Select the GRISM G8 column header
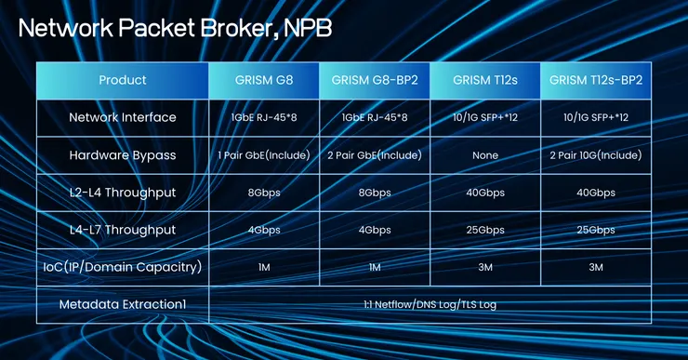pyautogui.click(x=264, y=80)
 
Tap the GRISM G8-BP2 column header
pyautogui.click(x=375, y=80)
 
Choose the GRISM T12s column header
pyautogui.click(x=484, y=80)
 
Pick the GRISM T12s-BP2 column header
pyautogui.click(x=596, y=80)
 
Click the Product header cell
pyautogui.click(x=123, y=80)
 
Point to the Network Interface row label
pyautogui.click(x=123, y=118)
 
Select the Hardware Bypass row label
pyautogui.click(x=123, y=155)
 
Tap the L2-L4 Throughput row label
pyautogui.click(x=123, y=193)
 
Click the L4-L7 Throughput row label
pyautogui.click(x=123, y=230)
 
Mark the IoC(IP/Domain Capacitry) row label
pyautogui.click(x=123, y=267)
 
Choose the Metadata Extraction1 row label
pyautogui.click(x=123, y=304)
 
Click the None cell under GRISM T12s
pyautogui.click(x=484, y=155)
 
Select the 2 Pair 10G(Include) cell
pyautogui.click(x=596, y=155)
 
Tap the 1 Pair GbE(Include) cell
pyautogui.click(x=264, y=155)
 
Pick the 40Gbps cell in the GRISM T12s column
pyautogui.click(x=484, y=193)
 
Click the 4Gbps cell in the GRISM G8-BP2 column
pyautogui.click(x=375, y=230)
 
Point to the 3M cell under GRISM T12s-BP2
pyautogui.click(x=596, y=267)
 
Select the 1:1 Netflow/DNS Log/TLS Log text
pyautogui.click(x=430, y=304)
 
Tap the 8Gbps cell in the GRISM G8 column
pyautogui.click(x=264, y=193)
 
